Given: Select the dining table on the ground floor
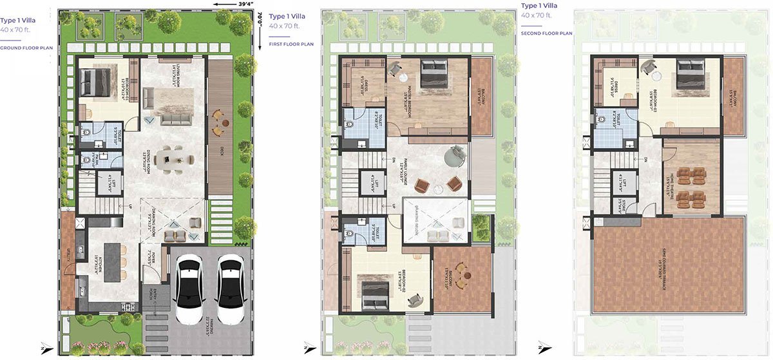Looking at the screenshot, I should (x=172, y=159).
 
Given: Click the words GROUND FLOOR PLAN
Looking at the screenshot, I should (x=26, y=48).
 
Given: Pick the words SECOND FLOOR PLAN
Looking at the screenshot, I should (x=546, y=33).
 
